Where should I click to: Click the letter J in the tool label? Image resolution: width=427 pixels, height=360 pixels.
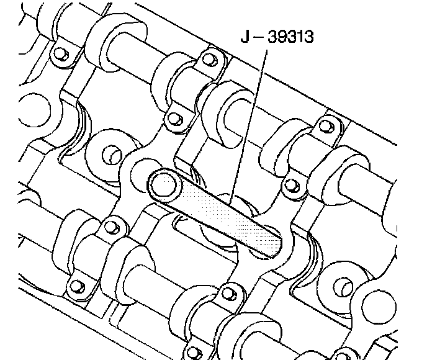tap(245, 37)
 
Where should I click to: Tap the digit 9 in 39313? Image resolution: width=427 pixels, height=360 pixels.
tap(282, 37)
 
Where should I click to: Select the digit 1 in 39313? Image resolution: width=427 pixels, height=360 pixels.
tap(299, 37)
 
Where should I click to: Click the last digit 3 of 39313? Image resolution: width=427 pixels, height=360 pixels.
tap(308, 37)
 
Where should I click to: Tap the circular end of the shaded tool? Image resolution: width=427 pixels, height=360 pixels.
tap(163, 184)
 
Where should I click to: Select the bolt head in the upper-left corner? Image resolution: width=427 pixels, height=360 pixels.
tap(61, 54)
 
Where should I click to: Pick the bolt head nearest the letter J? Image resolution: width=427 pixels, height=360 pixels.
tap(210, 59)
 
